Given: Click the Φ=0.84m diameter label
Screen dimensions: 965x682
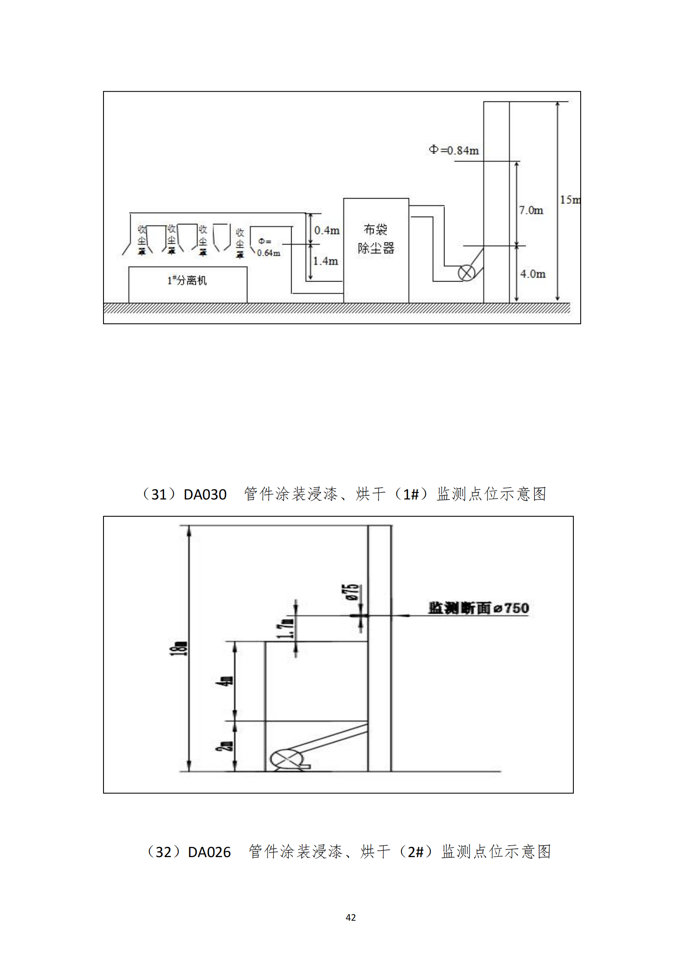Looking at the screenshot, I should point(454,150).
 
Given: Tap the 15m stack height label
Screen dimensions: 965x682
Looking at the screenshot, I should point(570,200).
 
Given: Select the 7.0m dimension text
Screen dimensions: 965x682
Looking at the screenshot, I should point(531,210).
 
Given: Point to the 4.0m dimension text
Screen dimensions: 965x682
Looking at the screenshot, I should point(533,274).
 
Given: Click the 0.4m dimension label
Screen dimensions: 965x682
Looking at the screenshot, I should point(327,230).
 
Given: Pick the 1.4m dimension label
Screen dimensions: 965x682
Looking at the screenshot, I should point(326,261).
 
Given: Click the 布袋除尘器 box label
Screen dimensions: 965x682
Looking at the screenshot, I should point(376,239).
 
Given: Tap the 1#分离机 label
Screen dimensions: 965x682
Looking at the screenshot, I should point(187,280).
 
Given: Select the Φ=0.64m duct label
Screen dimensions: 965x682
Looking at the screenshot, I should point(268,247).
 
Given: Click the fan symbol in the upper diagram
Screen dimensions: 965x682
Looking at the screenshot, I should point(466,273).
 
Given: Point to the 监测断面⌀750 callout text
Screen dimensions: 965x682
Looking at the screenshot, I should point(478,608).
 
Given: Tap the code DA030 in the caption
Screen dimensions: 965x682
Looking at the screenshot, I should point(205,495).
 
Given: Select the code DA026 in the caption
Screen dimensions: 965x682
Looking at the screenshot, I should point(209,852).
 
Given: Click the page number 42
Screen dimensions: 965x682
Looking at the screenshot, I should point(350,917).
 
